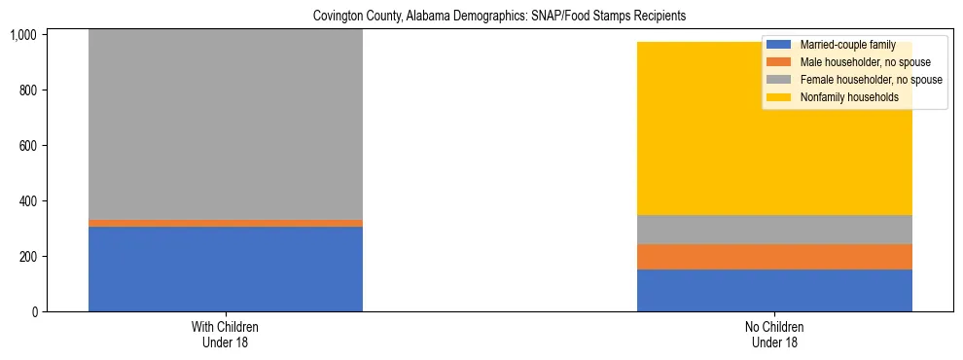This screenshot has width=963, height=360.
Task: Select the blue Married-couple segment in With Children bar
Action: [x=226, y=270]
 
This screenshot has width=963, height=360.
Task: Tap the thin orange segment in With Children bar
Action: [x=226, y=223]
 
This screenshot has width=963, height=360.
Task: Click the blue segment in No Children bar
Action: [x=774, y=290]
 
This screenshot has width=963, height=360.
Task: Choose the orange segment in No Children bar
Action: [x=774, y=256]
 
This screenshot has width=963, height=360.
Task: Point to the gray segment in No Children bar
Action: [x=774, y=229]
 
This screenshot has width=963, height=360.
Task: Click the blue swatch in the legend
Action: [x=778, y=45]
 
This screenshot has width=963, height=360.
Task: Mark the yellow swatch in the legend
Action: [x=778, y=97]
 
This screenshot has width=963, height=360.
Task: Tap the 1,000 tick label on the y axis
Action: [x=22, y=35]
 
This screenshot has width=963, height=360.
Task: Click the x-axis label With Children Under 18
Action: [x=226, y=335]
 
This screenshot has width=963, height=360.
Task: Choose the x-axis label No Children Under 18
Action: [x=774, y=335]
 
